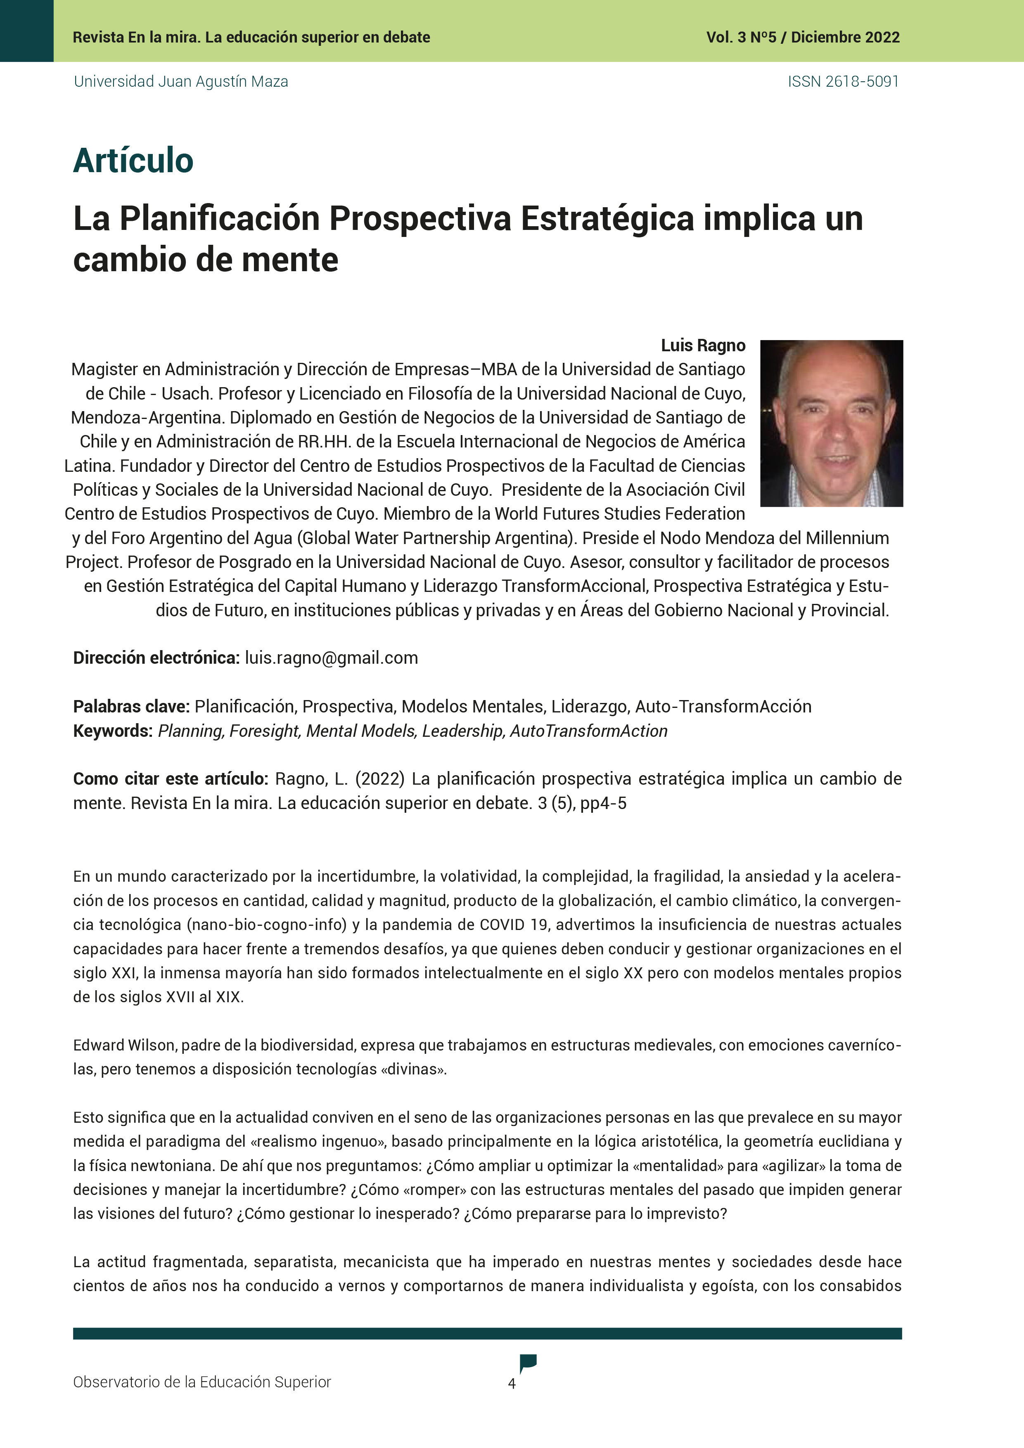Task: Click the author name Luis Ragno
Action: pos(703,345)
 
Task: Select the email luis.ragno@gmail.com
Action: pos(331,658)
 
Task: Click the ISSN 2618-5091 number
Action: pos(843,81)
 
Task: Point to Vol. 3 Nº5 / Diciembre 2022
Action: pos(803,37)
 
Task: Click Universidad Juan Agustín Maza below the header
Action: pos(181,81)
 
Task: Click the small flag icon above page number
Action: pos(527,1362)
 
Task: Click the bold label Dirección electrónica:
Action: pos(156,658)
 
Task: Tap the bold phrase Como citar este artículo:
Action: pos(171,779)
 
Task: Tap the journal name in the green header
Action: pos(251,37)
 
